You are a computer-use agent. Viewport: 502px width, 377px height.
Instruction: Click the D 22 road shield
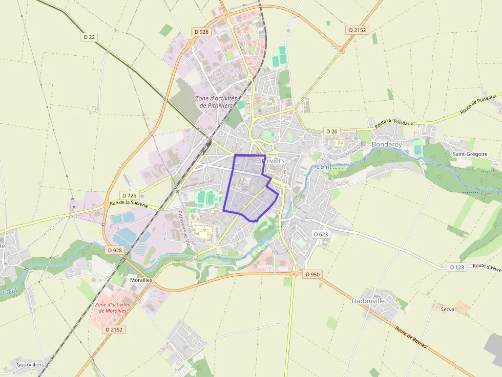[x=89, y=37]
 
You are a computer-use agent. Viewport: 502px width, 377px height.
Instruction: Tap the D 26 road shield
[x=332, y=131]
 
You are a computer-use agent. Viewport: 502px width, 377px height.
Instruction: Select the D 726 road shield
[x=130, y=195]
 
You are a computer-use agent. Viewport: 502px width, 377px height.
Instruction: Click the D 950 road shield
[x=312, y=274]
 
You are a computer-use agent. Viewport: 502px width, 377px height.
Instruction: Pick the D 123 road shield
[x=457, y=267]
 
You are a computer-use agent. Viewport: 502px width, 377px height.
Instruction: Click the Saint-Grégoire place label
[x=470, y=154]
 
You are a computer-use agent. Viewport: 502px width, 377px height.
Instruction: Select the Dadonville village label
[x=368, y=301]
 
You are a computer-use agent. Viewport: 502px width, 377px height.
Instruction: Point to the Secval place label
[x=448, y=309]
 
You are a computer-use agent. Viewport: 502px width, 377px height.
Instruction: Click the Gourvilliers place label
[x=30, y=364]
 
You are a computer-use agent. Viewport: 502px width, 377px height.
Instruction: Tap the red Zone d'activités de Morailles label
[x=113, y=307]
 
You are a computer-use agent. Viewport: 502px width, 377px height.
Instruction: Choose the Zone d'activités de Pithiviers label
[x=216, y=101]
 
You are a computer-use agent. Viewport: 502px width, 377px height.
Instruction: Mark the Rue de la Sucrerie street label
[x=129, y=204]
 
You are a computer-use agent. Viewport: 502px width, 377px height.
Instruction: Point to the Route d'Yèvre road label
[x=487, y=267]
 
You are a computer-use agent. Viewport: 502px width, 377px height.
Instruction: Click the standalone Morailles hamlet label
[x=141, y=281]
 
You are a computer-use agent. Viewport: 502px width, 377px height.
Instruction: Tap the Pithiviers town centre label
[x=270, y=161]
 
